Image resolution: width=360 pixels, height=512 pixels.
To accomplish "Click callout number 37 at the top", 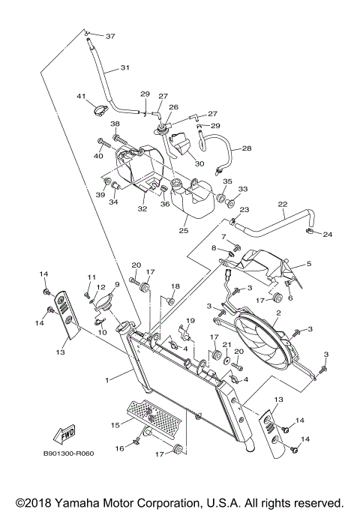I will pos(110,36).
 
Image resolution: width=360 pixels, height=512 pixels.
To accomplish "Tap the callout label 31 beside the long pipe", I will pos(124,67).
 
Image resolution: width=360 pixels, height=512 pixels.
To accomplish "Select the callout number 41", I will pos(82,97).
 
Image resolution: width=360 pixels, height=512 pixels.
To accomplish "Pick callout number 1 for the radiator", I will pos(107,381).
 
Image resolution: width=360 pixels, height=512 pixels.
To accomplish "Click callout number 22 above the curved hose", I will pos(283,203).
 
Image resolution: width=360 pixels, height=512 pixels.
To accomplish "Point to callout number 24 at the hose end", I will pos(327,234).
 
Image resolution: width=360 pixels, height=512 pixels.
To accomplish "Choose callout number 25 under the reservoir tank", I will pos(184,232).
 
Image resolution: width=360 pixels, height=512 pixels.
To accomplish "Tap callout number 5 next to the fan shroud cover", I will pos(307,264).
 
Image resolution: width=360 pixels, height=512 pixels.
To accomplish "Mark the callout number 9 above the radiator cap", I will pos(116,284).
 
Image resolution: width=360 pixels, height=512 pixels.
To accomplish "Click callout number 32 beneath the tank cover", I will pos(142,209).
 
